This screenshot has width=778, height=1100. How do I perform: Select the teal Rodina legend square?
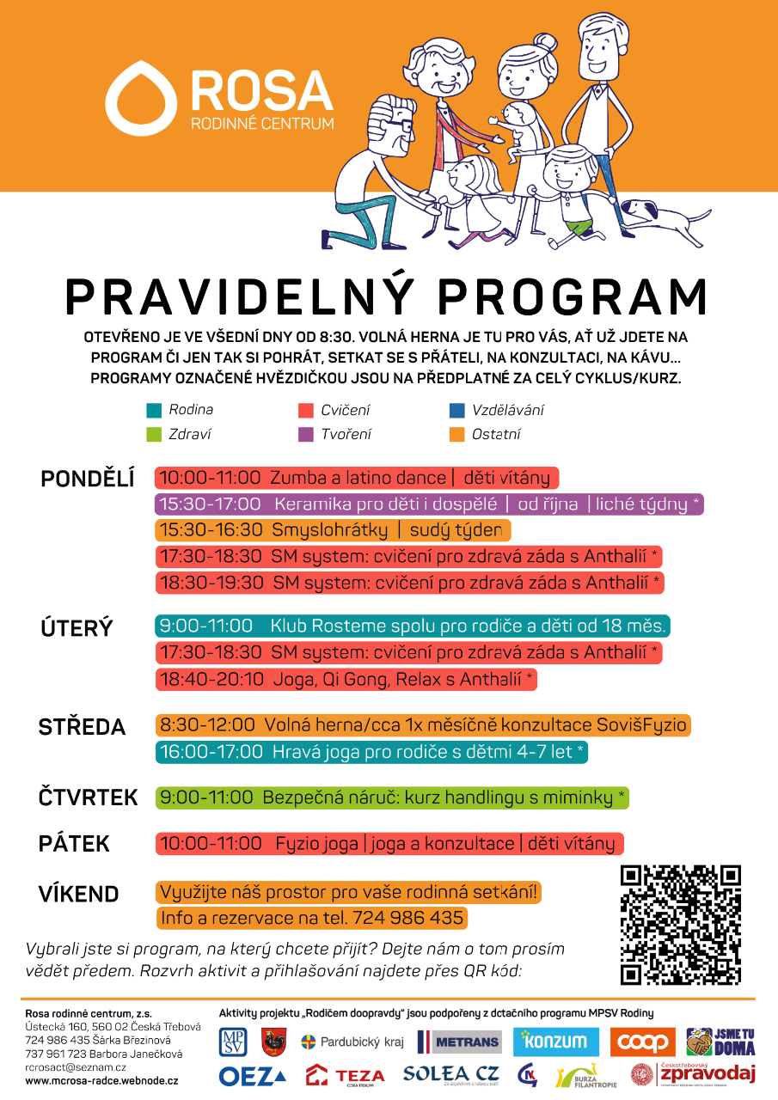pyautogui.click(x=154, y=411)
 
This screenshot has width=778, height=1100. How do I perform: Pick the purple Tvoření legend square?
pyautogui.click(x=304, y=435)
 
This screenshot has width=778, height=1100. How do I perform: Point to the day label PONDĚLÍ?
pyautogui.click(x=88, y=480)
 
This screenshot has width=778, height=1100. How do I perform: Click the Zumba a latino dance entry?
pyautogui.click(x=357, y=478)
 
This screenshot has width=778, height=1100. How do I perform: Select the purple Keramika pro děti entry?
pyautogui.click(x=429, y=504)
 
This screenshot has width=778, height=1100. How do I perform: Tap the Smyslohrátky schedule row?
pyautogui.click(x=334, y=530)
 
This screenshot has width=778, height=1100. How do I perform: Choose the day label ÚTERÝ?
pyautogui.click(x=77, y=628)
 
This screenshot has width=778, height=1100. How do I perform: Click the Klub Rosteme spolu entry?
pyautogui.click(x=413, y=626)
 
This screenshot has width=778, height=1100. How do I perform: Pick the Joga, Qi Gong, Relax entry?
pyautogui.click(x=346, y=680)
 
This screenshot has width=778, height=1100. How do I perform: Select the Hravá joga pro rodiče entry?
pyautogui.click(x=372, y=752)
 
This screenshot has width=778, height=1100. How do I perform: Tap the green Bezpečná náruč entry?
pyautogui.click(x=392, y=797)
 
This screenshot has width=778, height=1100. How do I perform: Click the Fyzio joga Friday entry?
pyautogui.click(x=389, y=844)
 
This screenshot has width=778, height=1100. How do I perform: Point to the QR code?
pyautogui.click(x=681, y=925)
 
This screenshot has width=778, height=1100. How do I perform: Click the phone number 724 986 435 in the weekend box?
pyautogui.click(x=407, y=919)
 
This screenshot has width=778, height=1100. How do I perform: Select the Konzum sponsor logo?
pyautogui.click(x=555, y=1042)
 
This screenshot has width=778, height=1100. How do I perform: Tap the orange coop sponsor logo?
pyautogui.click(x=643, y=1042)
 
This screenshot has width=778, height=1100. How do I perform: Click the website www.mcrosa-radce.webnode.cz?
pyautogui.click(x=101, y=1079)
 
